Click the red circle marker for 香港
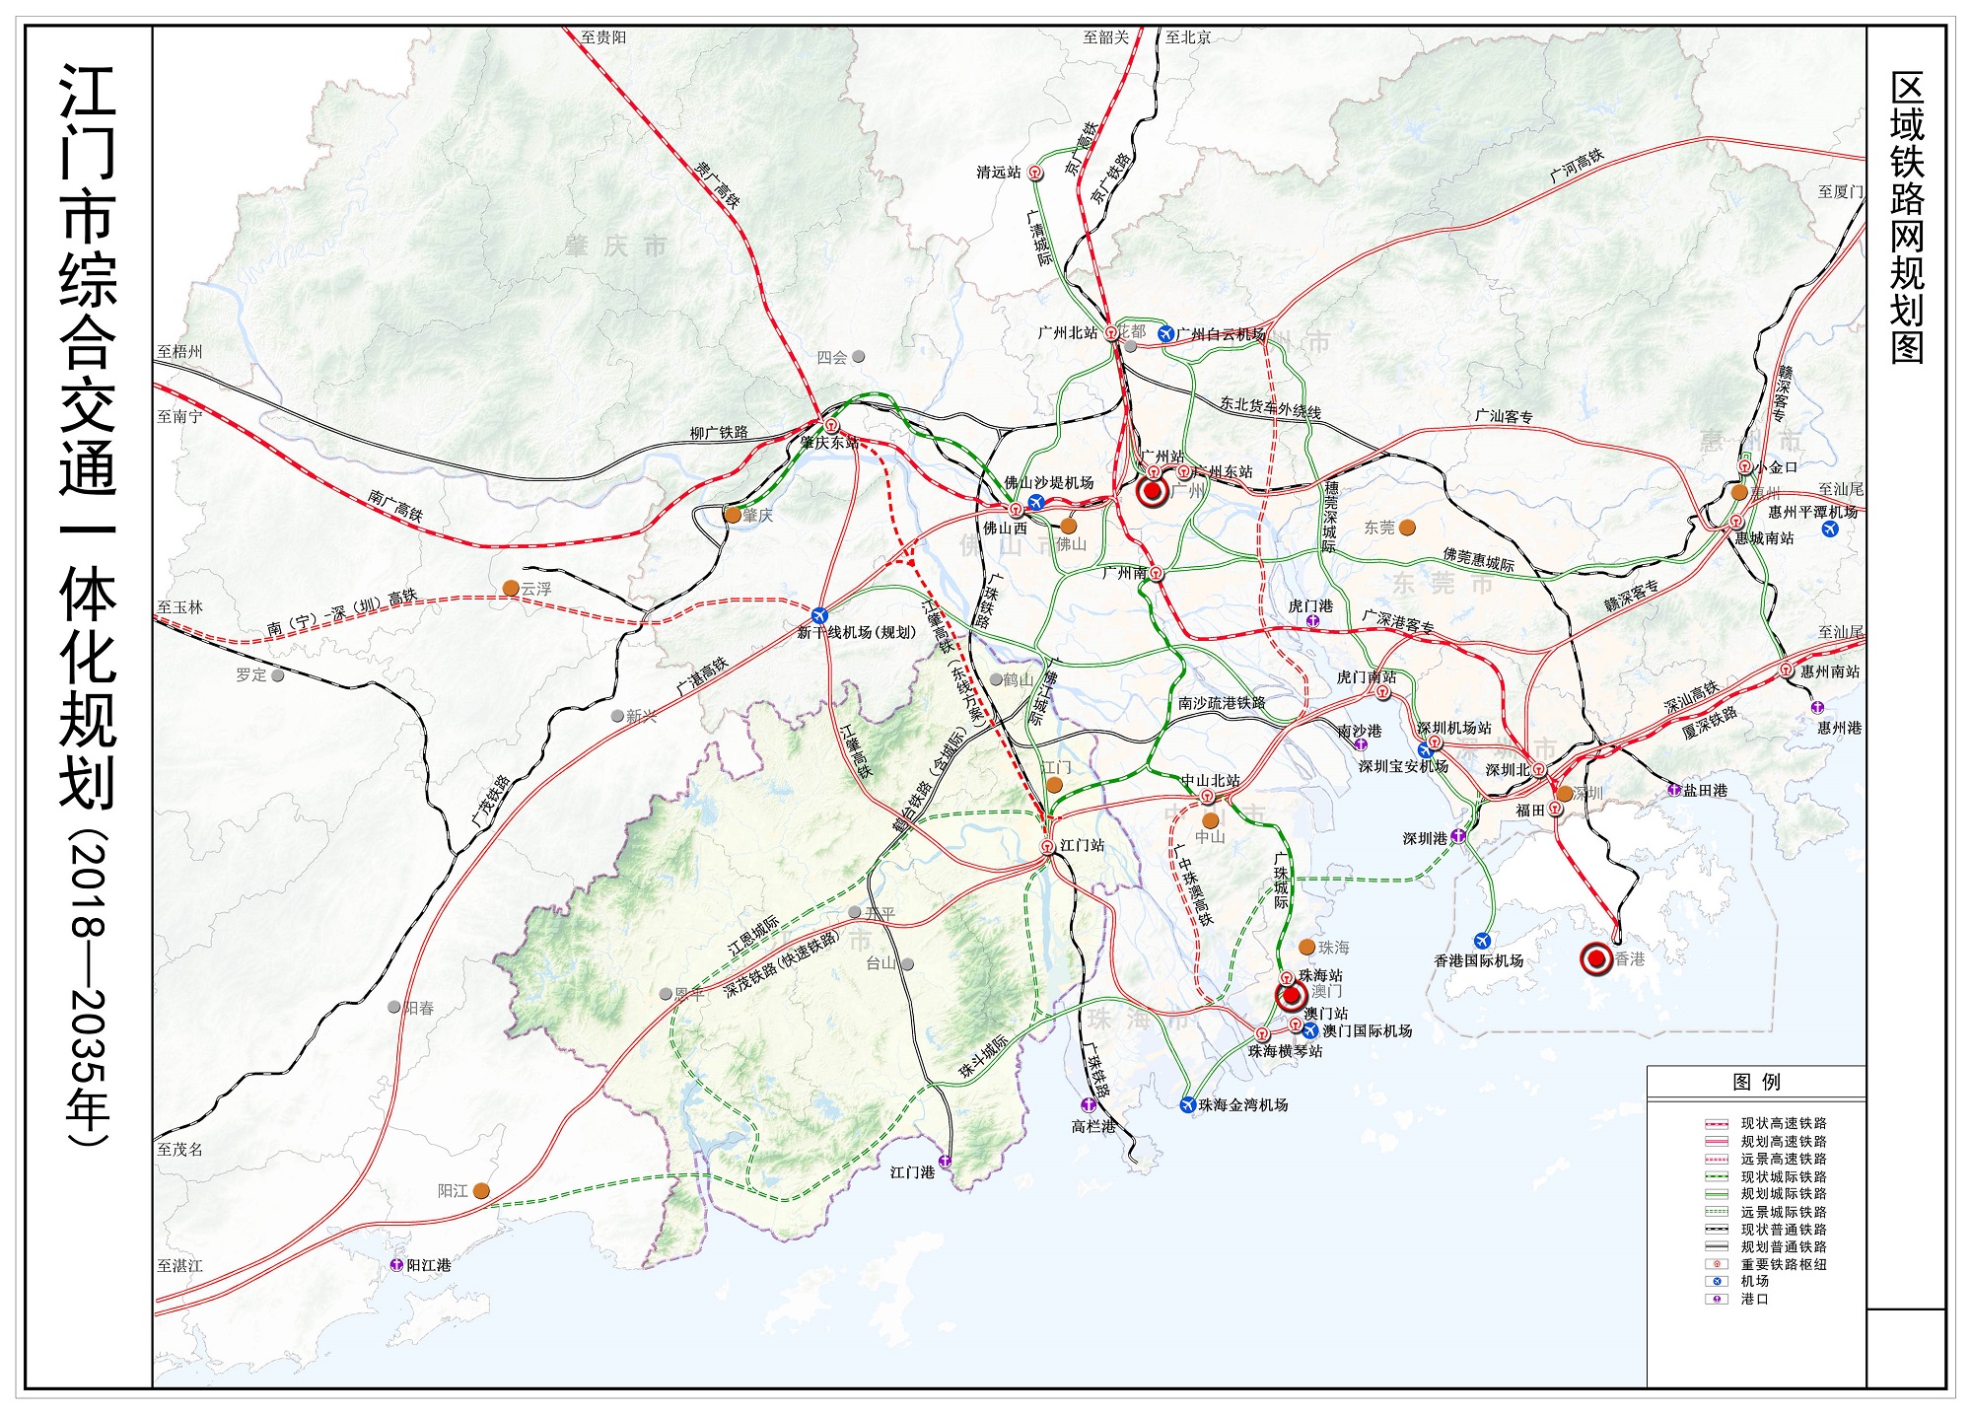[1596, 958]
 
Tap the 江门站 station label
[1082, 846]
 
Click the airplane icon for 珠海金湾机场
[1188, 1104]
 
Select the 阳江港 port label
[429, 1265]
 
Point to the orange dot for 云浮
[511, 588]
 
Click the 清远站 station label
[998, 173]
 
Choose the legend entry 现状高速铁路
[1783, 1123]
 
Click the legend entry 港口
[1754, 1299]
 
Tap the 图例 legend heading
[1756, 1082]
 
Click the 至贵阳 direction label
[602, 37]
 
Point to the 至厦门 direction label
[1840, 192]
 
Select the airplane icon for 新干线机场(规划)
[819, 615]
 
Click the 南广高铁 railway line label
[395, 506]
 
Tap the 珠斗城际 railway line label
[983, 1056]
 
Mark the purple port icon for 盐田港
[1674, 790]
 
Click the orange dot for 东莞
[1407, 528]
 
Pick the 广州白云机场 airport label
[1221, 334]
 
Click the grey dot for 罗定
[278, 675]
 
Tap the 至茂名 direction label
[179, 1150]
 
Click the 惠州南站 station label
[1830, 672]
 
